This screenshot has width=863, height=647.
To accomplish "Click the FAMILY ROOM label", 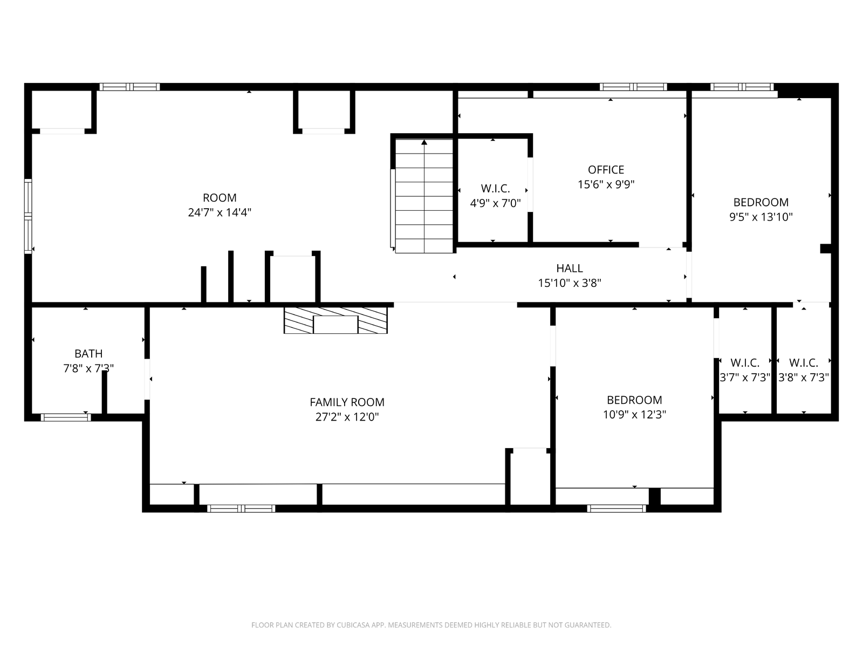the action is pos(347,402).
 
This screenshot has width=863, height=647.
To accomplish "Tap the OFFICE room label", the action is pos(606,170).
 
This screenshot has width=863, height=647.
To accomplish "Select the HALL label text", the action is pos(569,269).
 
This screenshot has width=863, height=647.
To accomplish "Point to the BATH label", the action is pos(88,354).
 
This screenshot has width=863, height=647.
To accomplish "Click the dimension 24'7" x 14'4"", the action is pos(220,212).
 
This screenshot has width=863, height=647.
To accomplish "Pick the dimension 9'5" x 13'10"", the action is pos(761,217).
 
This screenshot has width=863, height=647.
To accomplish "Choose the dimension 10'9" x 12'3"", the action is pos(634,415).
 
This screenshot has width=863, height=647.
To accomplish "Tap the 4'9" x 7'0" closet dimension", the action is pos(495,203).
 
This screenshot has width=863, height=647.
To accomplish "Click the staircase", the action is pos(424,196).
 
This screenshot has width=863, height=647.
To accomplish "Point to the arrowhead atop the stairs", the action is pos(424,142).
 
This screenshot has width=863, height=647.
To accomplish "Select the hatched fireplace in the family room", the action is pos(335,321).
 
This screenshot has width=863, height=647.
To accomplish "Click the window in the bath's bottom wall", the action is pos(66,417).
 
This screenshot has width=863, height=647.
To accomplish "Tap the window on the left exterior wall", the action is pos(28,216).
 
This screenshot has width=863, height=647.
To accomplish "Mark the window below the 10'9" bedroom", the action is pos(616,508).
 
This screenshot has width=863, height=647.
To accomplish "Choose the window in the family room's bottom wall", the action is pos(241,508).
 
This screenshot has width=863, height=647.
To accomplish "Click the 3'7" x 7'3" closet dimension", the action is pos(745,377).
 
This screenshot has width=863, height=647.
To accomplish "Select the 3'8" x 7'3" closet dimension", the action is pos(803,377).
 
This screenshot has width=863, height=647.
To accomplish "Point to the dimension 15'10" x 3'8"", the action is pos(569,283).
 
